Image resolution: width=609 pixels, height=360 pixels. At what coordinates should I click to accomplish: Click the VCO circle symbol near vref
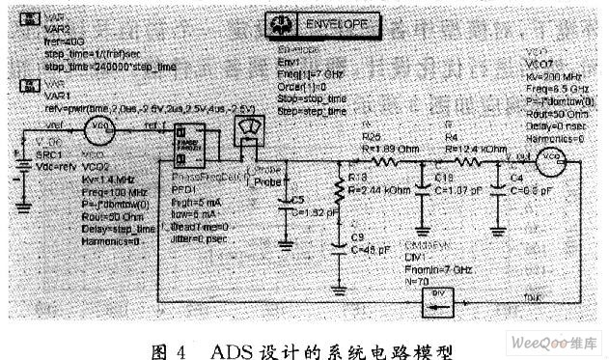[x=97, y=125]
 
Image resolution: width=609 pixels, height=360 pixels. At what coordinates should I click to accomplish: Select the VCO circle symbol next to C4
[x=550, y=157]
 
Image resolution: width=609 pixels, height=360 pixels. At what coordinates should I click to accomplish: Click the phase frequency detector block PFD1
[x=189, y=147]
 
